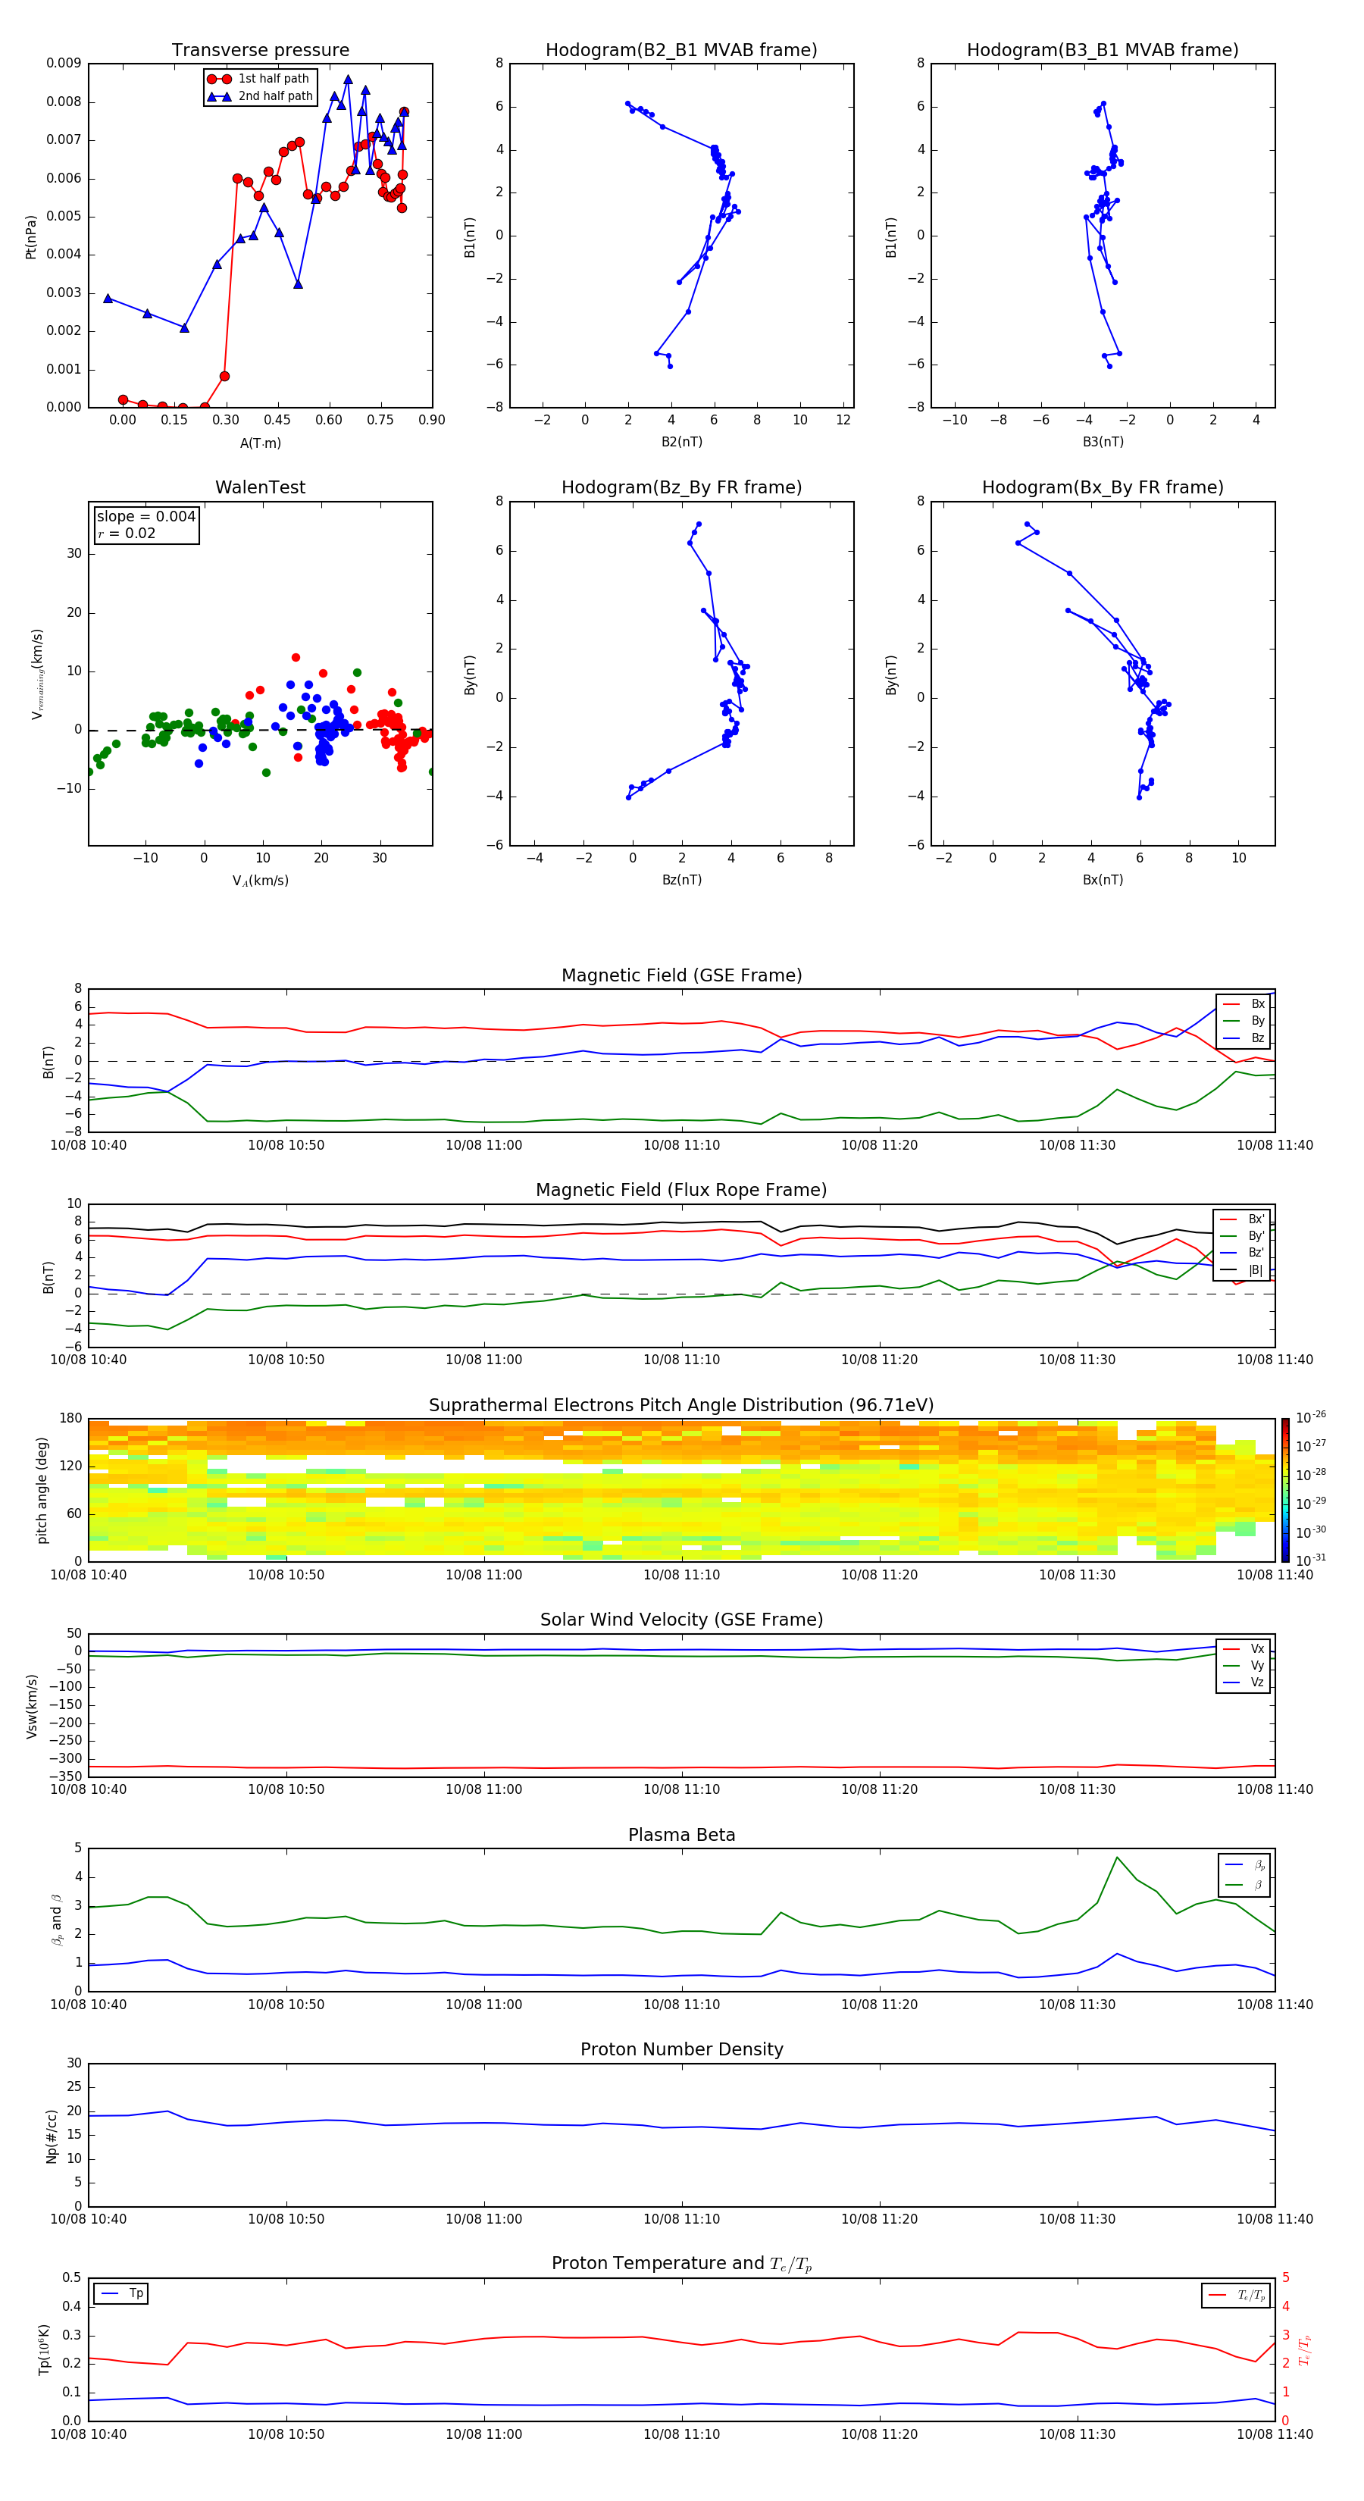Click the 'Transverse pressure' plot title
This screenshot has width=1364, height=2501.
click(x=260, y=51)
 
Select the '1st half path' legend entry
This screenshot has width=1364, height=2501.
click(x=273, y=79)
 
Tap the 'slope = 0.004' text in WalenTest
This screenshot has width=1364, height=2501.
click(x=145, y=517)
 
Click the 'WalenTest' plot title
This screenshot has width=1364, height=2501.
click(x=260, y=487)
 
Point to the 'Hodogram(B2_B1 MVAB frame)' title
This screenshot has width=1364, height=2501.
click(x=680, y=51)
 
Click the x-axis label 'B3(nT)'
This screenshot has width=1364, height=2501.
click(x=1103, y=442)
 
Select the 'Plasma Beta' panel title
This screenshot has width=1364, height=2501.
click(x=681, y=1835)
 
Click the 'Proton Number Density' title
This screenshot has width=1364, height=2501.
click(x=681, y=2049)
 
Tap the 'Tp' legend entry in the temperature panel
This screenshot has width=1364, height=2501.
click(x=136, y=2293)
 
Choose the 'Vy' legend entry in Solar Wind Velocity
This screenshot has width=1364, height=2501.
click(x=1257, y=1666)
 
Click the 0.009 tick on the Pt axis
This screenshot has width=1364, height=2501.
click(x=63, y=64)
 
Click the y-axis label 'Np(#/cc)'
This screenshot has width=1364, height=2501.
click(x=52, y=2136)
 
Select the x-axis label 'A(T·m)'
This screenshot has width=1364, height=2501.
click(x=260, y=443)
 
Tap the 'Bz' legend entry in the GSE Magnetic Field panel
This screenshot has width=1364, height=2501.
click(x=1257, y=1038)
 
